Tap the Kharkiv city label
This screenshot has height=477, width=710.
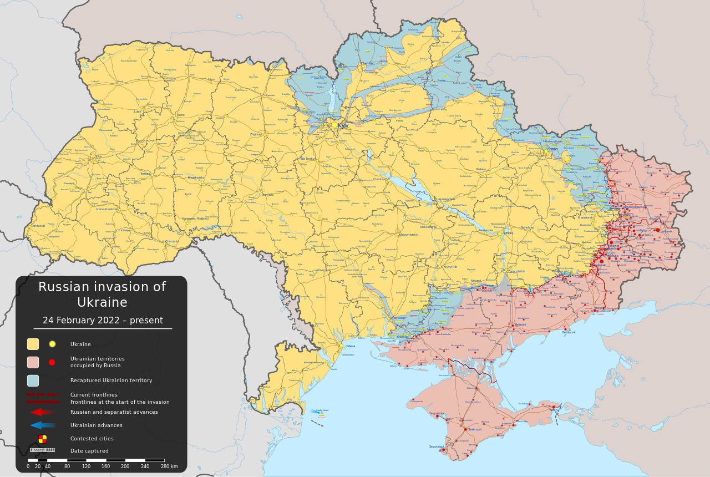pyautogui.click(x=552, y=149)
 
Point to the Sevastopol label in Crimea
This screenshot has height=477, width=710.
pyautogui.click(x=436, y=446)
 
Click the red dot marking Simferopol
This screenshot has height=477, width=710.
pyautogui.click(x=465, y=429)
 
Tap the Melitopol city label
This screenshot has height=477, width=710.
pyautogui.click(x=520, y=324)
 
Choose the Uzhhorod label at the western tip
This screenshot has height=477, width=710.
pyautogui.click(x=38, y=226)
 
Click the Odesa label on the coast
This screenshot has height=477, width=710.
pyautogui.click(x=350, y=346)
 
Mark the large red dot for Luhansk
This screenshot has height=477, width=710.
pyautogui.click(x=658, y=230)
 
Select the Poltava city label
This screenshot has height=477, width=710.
pyautogui.click(x=481, y=170)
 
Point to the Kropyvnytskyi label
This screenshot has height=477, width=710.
pyautogui.click(x=408, y=235)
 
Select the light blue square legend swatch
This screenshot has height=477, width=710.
pyautogui.click(x=33, y=380)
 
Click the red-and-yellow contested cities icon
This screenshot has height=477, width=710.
pyautogui.click(x=42, y=439)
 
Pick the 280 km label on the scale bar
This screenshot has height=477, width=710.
pyautogui.click(x=169, y=466)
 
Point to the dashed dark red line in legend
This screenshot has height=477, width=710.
pyautogui.click(x=42, y=395)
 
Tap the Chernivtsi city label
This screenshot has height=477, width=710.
pyautogui.click(x=172, y=241)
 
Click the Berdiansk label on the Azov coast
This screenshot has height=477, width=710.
pyautogui.click(x=569, y=332)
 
